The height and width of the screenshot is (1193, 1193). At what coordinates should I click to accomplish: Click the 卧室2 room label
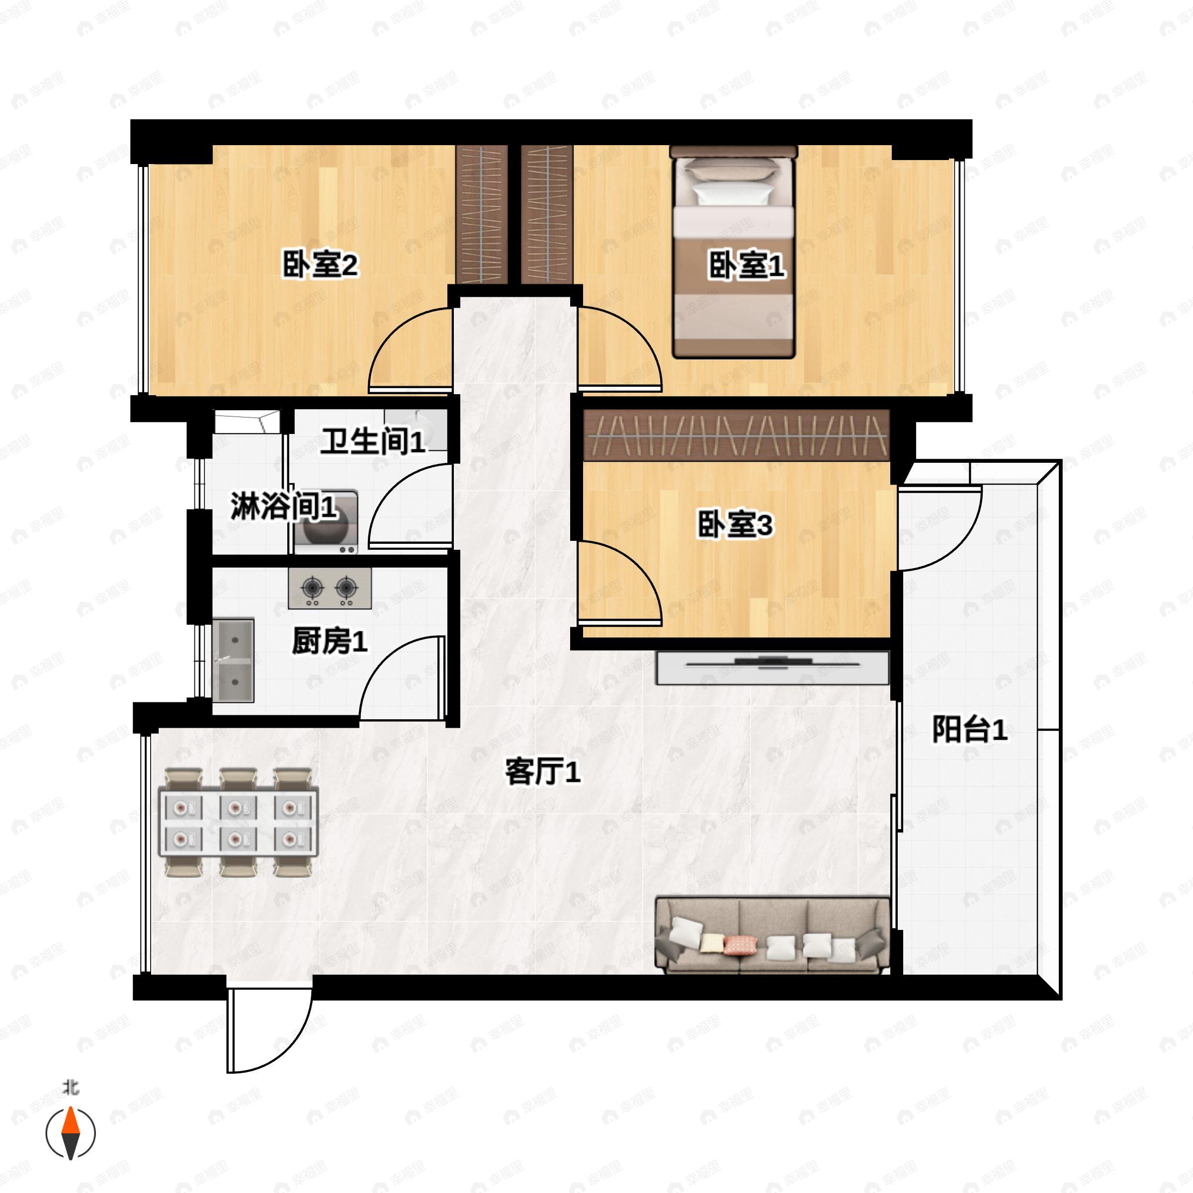click(x=320, y=265)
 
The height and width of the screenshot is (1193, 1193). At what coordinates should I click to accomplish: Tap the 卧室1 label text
click(x=746, y=265)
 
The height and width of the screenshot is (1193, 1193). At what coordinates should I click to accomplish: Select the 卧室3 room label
click(x=735, y=525)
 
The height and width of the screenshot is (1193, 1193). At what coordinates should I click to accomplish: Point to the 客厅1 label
click(x=543, y=771)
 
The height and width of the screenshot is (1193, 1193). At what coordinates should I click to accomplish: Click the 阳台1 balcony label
click(x=969, y=730)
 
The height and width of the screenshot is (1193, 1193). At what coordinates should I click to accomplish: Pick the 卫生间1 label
click(x=373, y=441)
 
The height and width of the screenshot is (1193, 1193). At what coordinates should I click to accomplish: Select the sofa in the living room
click(x=772, y=936)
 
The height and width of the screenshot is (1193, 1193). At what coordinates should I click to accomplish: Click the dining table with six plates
click(x=239, y=822)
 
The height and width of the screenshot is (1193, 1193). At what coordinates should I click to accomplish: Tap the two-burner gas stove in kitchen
click(x=330, y=588)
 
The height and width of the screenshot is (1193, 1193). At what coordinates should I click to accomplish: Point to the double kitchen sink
click(x=234, y=660)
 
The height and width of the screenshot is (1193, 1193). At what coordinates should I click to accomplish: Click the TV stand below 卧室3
click(x=772, y=668)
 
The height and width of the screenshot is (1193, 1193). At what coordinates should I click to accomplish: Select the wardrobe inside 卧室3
click(x=736, y=435)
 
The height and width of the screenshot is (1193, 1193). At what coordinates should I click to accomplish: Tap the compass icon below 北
click(x=71, y=1133)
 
